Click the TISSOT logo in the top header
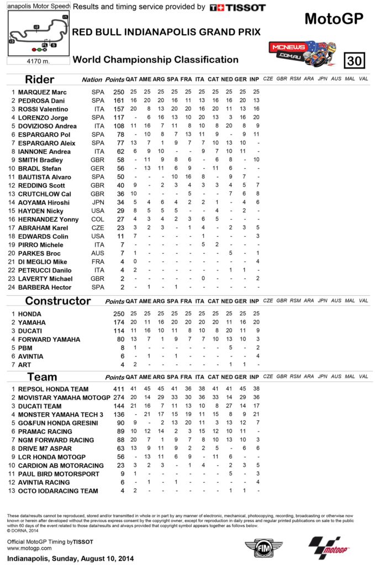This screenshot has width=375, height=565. [238, 8]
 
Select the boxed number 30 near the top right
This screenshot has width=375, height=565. [353, 60]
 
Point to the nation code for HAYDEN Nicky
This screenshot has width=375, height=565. [98, 211]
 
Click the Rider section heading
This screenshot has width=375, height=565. [40, 79]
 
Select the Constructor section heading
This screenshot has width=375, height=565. [57, 301]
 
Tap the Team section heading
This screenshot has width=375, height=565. [42, 377]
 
